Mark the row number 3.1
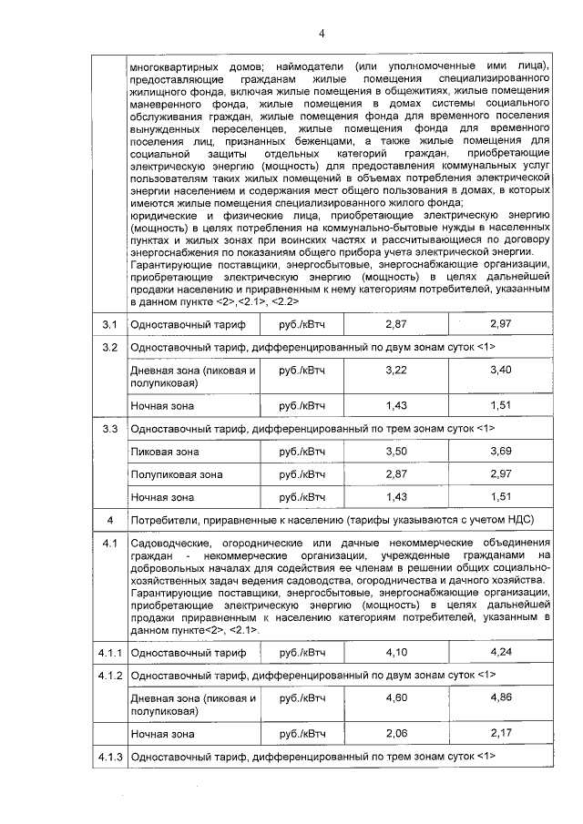[x=110, y=324]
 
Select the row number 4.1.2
[x=110, y=675]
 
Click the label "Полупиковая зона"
[x=177, y=474]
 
